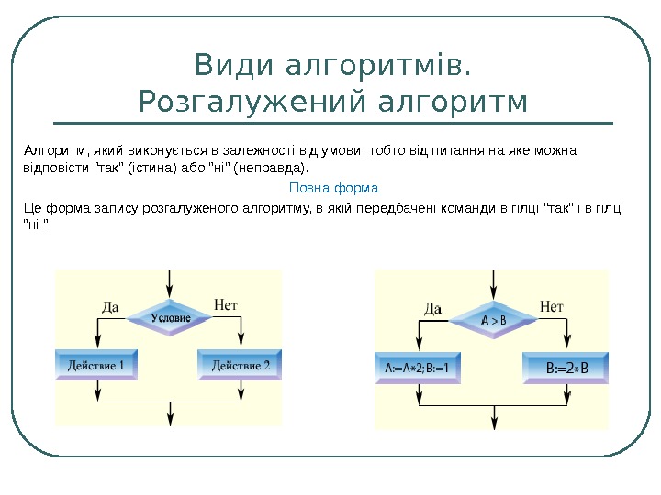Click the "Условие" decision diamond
tap(170, 317)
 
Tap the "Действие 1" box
tap(95, 366)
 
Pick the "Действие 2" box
tap(241, 366)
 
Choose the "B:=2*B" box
tap(566, 368)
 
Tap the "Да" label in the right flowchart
tap(433, 308)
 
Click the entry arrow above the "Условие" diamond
tap(170, 284)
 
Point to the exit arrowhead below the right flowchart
tap(495, 421)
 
